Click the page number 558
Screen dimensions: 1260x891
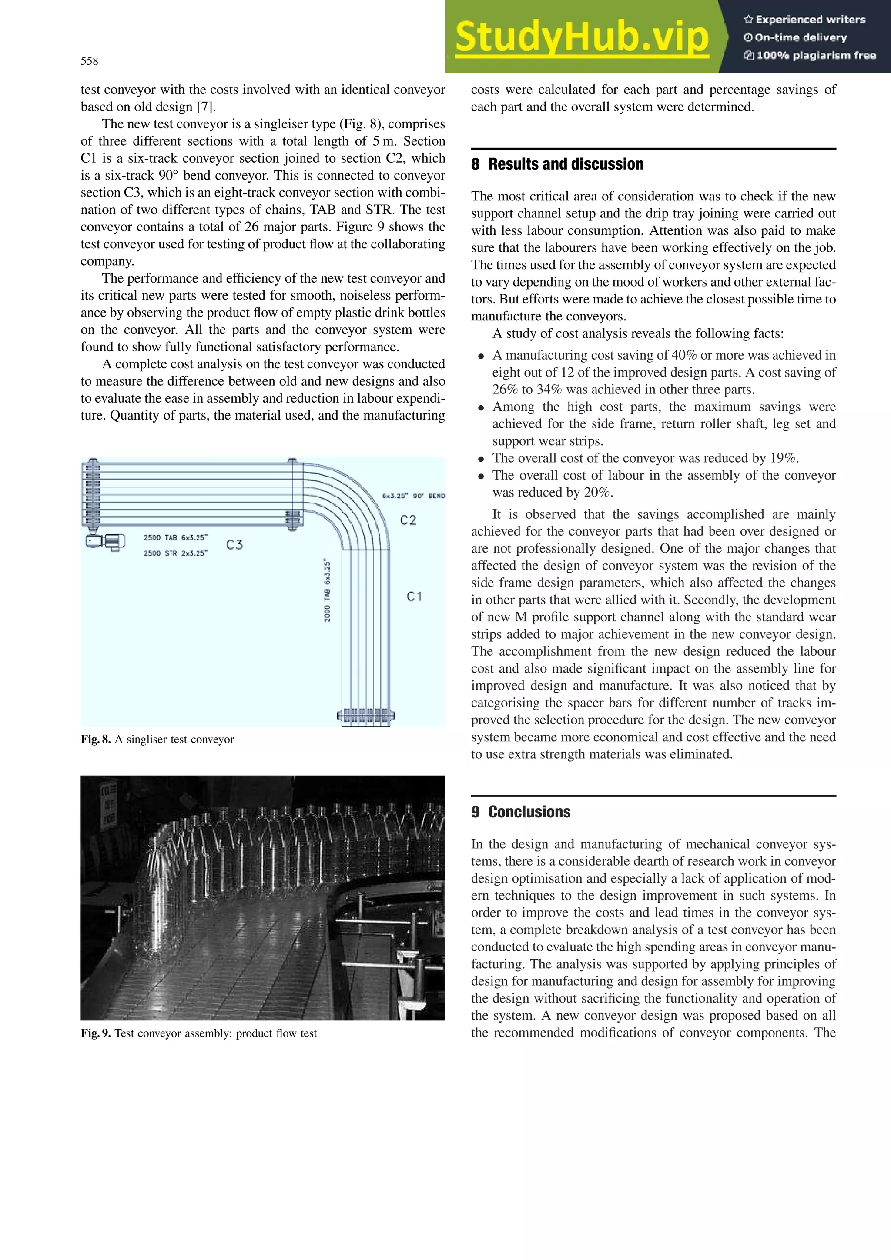(x=90, y=61)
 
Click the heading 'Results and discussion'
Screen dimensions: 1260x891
(x=566, y=164)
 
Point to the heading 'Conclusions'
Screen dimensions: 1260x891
(x=529, y=812)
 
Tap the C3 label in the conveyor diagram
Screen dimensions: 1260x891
(x=234, y=544)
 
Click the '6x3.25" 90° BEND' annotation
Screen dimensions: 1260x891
(x=413, y=496)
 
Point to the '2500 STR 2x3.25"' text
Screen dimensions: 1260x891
(x=176, y=553)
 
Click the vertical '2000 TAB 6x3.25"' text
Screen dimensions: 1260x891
(x=327, y=590)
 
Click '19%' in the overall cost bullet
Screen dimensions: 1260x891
(x=784, y=458)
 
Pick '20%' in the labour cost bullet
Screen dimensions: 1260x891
(x=598, y=492)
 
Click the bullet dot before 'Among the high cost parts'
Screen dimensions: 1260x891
(x=481, y=408)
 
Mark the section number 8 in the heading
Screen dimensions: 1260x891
(x=476, y=164)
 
